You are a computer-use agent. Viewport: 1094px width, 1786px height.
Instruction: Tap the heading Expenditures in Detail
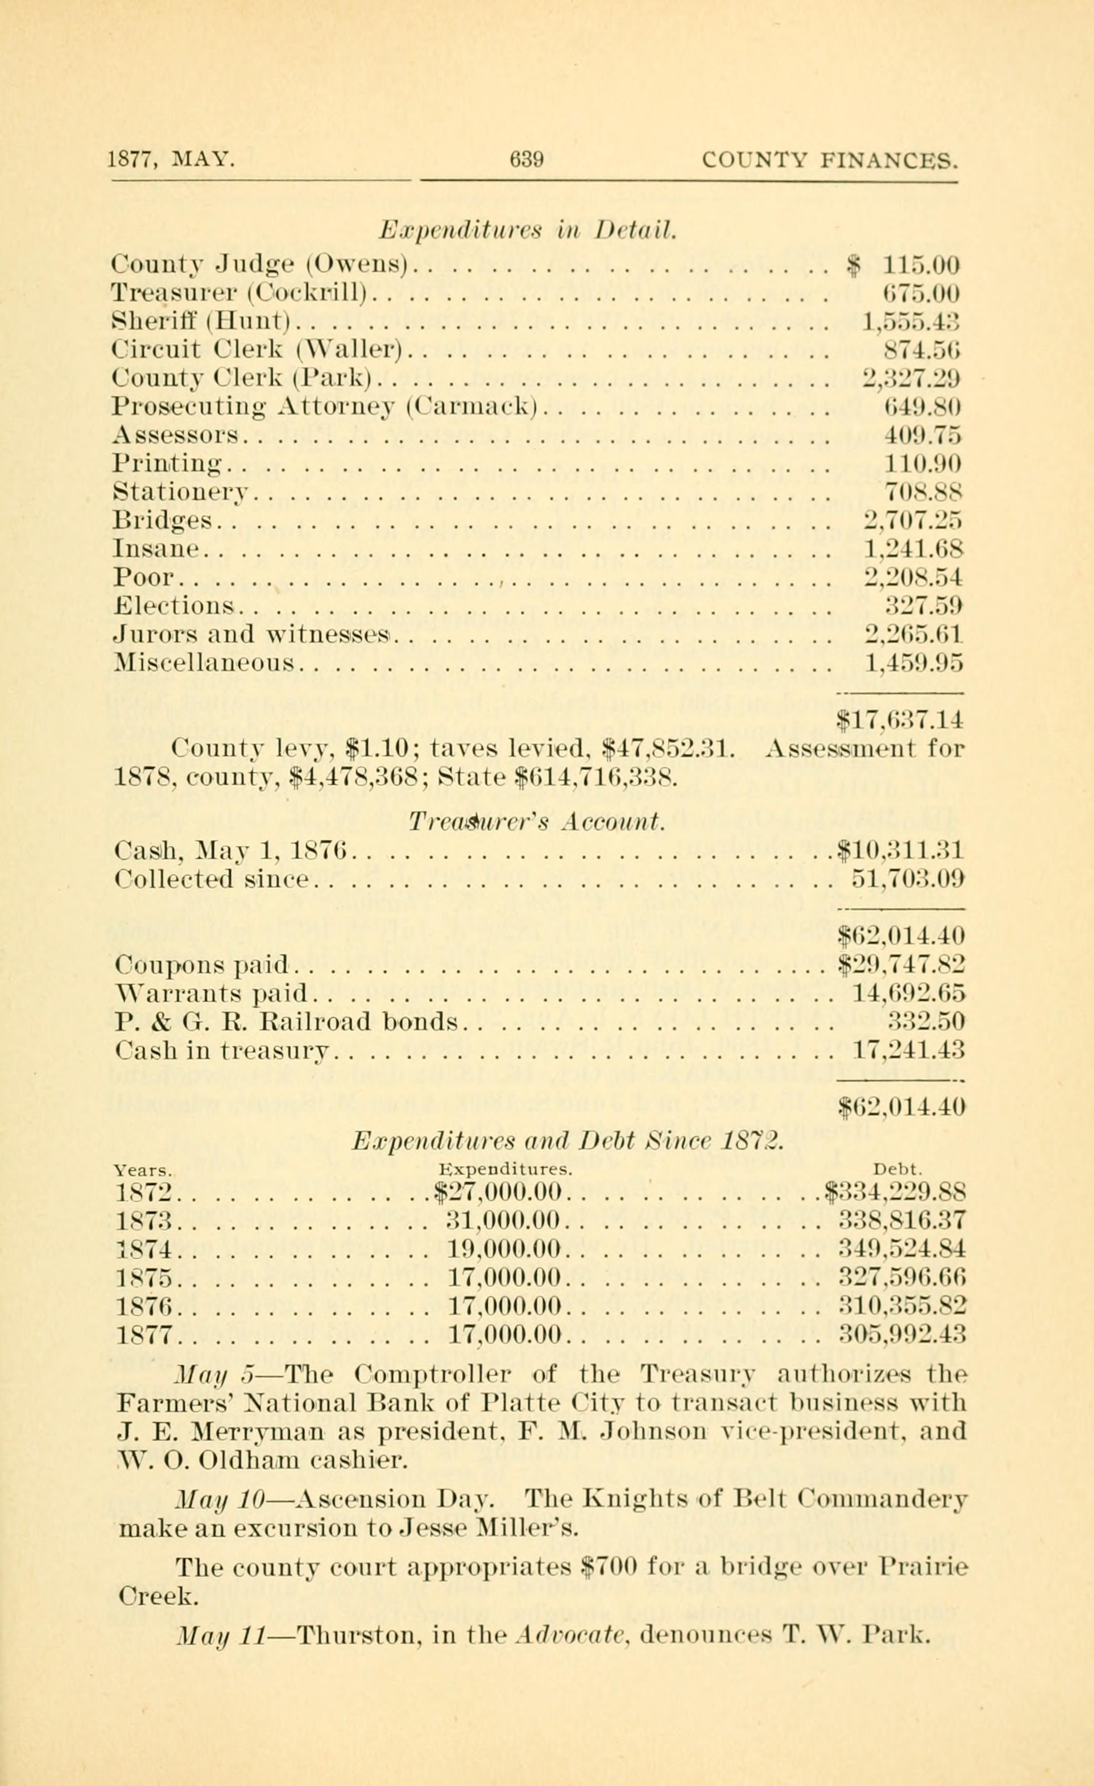[528, 231]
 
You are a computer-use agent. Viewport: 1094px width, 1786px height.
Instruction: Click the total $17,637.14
[899, 719]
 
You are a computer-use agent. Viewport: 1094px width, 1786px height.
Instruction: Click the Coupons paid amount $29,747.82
[901, 963]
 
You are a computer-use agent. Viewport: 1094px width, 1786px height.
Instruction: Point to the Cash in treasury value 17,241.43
[908, 1049]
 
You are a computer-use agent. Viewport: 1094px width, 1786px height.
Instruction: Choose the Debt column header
[897, 1168]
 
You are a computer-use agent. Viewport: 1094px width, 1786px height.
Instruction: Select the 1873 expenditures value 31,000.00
[505, 1219]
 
